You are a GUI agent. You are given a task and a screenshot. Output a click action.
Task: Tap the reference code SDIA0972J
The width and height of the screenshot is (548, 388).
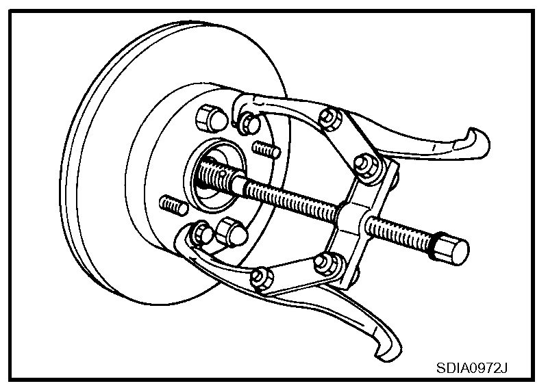[473, 368]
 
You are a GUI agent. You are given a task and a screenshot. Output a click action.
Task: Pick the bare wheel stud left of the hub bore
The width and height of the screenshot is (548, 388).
[173, 204]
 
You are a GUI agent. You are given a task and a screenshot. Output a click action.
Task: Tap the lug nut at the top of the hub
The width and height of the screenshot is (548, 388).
[209, 118]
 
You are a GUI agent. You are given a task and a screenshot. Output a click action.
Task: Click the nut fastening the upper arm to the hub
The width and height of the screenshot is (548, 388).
[251, 124]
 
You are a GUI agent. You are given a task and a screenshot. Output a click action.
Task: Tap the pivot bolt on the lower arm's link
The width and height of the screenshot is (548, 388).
[259, 277]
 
